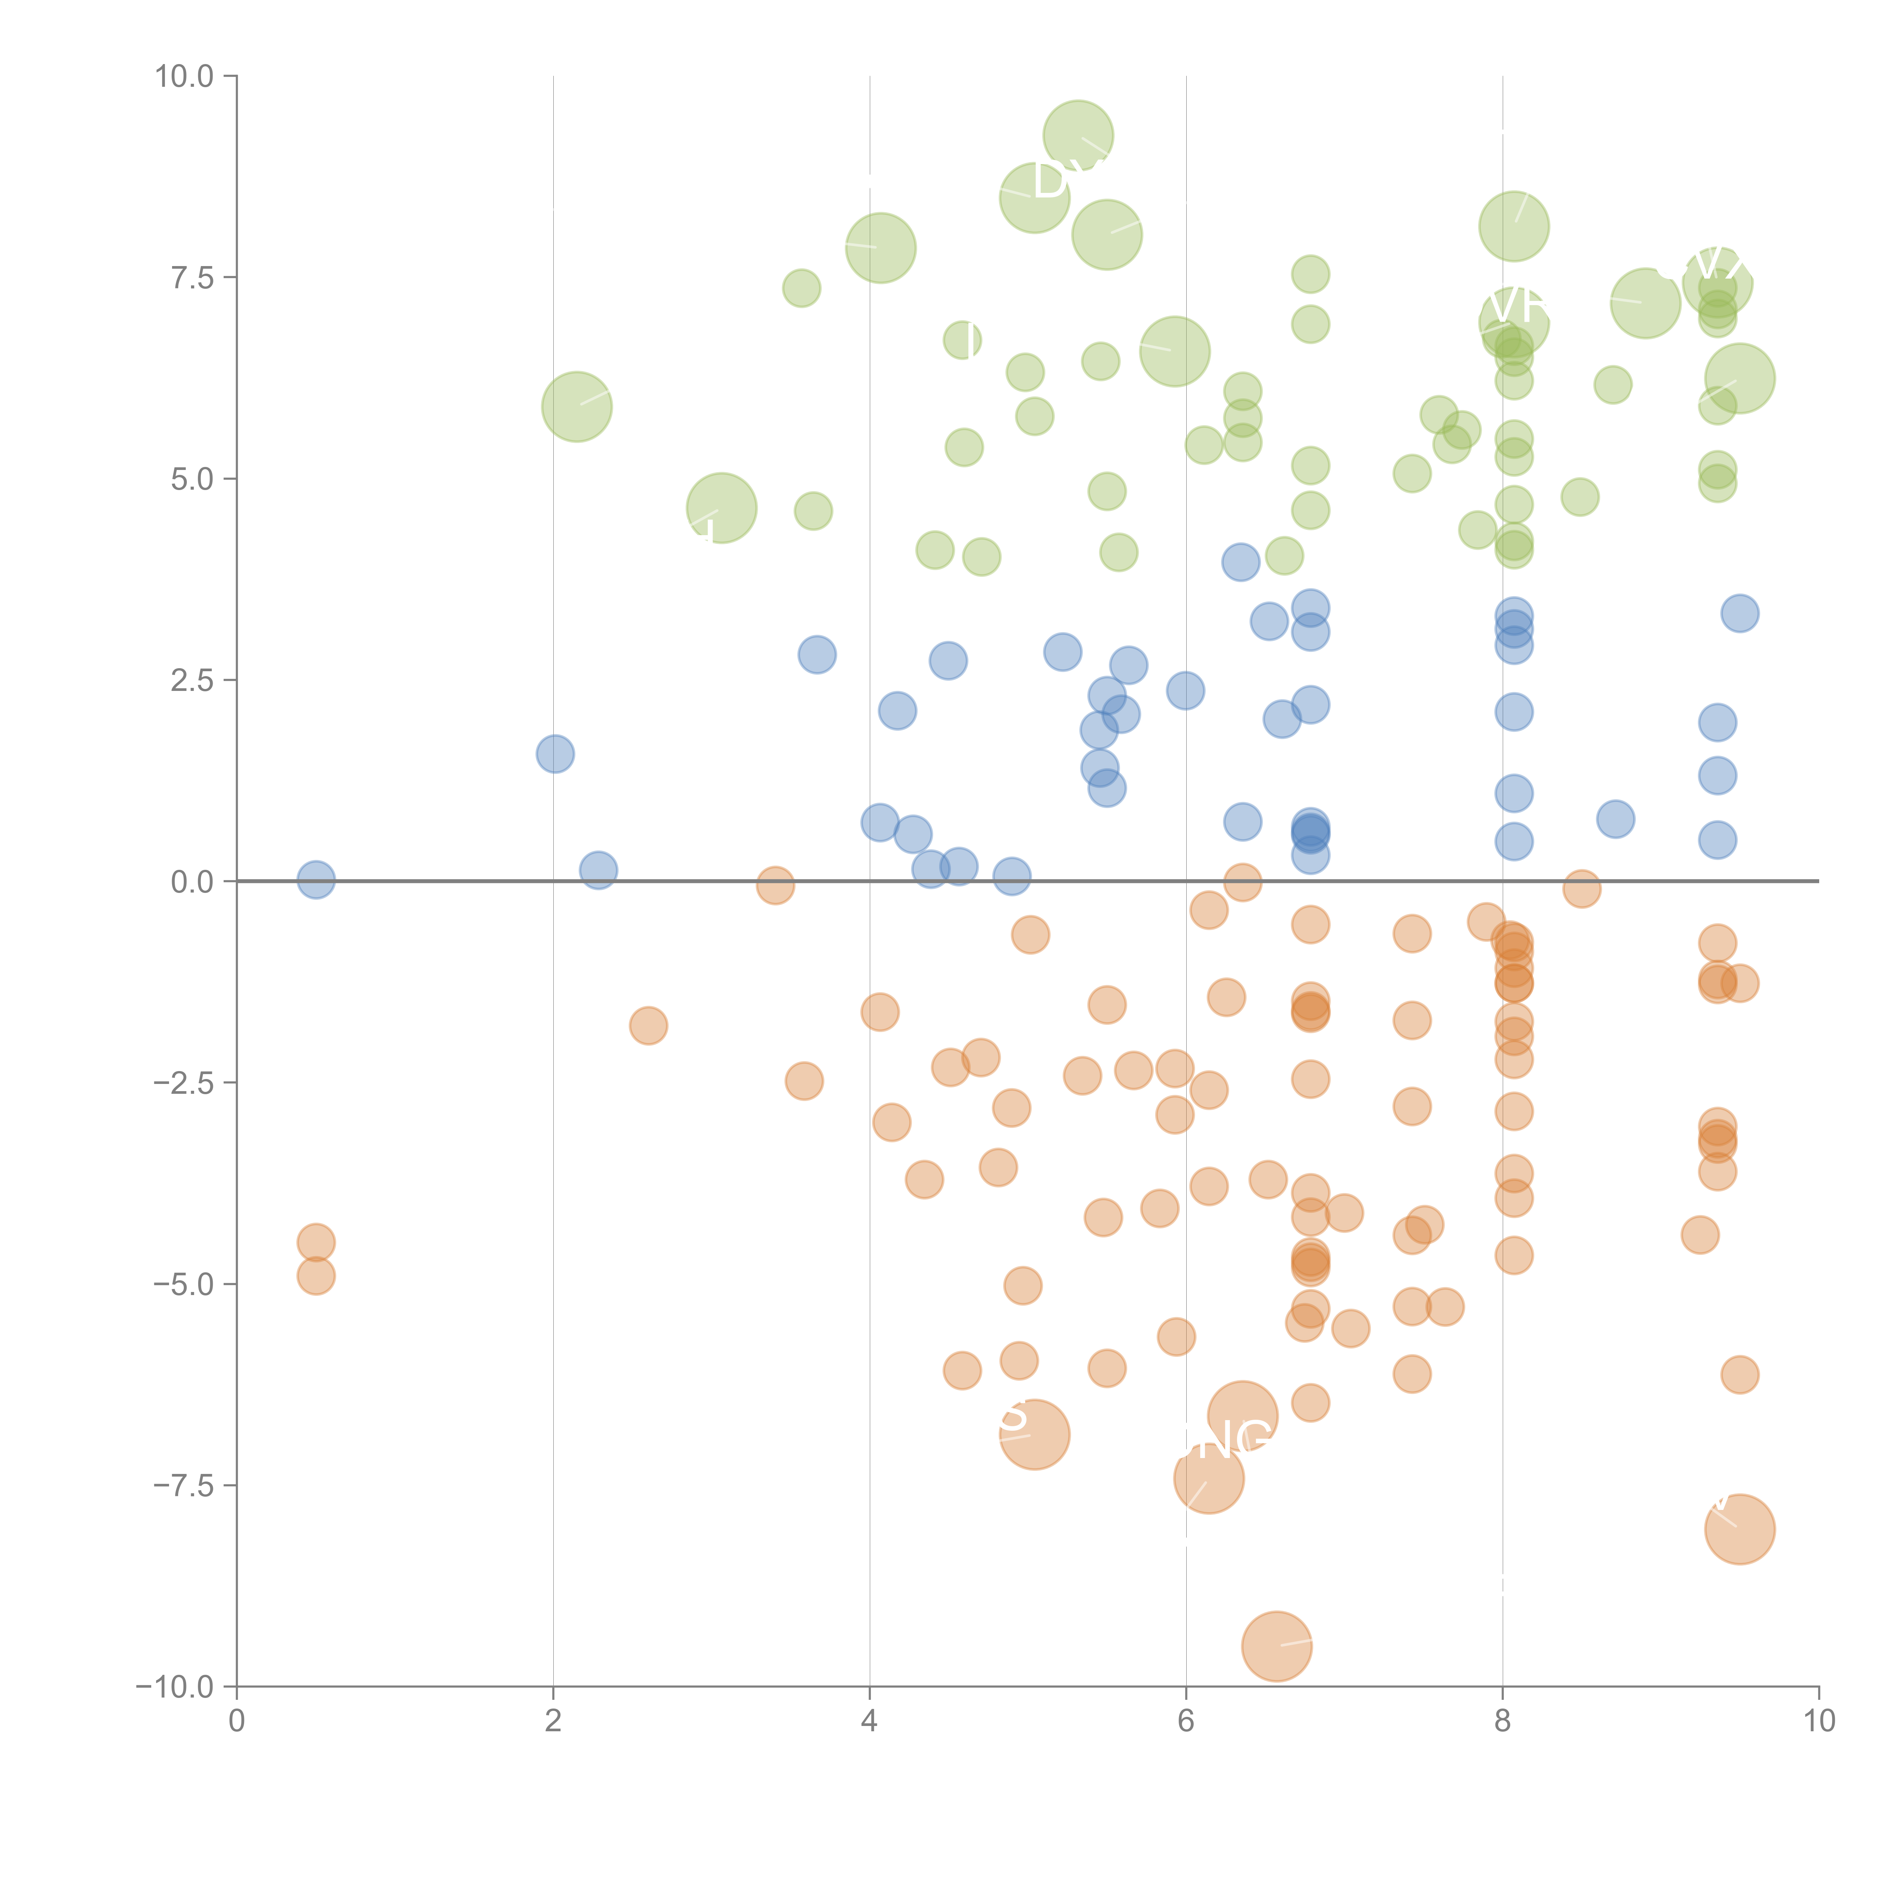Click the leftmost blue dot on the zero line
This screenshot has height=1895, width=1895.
pos(316,880)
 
